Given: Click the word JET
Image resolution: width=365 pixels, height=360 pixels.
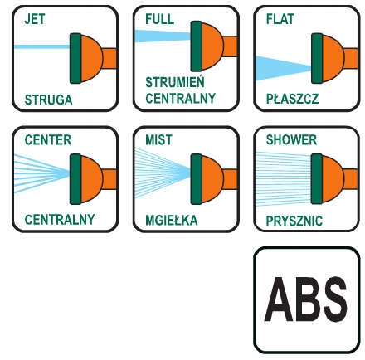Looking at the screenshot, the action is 35,19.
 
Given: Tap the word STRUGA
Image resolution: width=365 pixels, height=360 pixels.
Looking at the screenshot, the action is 48,100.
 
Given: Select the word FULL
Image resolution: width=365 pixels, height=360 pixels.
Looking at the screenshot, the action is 159,19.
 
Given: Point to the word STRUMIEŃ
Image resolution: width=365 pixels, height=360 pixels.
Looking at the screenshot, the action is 175,81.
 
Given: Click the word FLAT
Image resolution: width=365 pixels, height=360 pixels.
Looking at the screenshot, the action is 280,19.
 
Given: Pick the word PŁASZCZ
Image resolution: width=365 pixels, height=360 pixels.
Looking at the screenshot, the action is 292,99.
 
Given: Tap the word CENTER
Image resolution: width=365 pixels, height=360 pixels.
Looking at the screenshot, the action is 48,140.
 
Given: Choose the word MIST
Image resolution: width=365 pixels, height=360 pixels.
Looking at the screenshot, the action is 158,140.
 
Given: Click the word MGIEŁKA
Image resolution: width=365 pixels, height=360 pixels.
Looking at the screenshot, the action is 172,220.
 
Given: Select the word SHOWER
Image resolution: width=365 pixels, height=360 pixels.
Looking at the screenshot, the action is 291,140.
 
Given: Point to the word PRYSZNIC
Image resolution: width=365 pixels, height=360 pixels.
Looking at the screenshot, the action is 294,221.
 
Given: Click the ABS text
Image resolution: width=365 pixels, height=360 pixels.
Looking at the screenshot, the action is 305,299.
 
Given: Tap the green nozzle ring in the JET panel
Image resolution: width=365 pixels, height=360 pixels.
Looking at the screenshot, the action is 75,58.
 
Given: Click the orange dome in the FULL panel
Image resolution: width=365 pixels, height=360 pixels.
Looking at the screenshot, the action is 212,46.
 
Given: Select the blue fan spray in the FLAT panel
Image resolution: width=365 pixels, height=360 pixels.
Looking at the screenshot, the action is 283,68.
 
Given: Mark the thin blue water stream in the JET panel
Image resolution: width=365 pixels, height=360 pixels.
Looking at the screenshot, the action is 41,46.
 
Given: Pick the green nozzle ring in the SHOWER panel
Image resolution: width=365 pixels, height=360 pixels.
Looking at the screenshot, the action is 317,179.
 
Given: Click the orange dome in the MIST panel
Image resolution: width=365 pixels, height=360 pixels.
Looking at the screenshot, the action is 212,179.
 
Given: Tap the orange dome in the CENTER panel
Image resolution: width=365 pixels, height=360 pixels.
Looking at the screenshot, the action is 91,179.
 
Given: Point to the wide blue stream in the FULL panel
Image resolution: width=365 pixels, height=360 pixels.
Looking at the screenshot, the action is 163,36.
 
